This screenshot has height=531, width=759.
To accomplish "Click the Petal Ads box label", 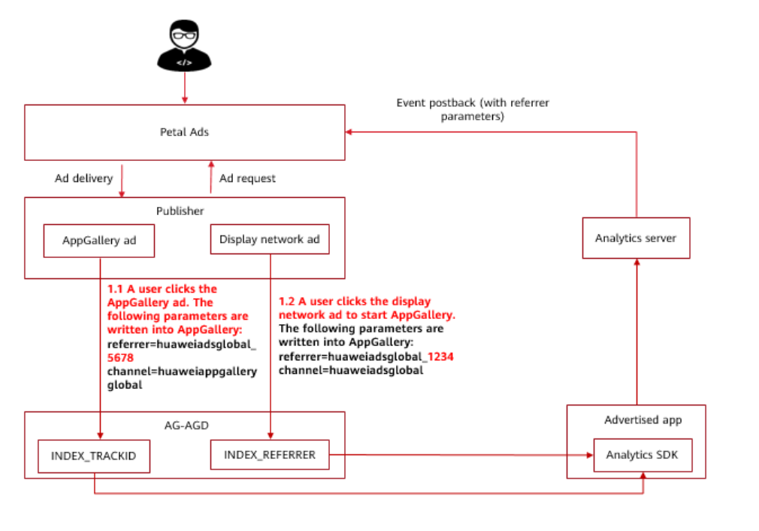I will pyautogui.click(x=184, y=132).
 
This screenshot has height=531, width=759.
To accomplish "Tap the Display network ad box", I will pyautogui.click(x=270, y=240).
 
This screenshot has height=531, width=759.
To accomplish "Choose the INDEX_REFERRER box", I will pyautogui.click(x=270, y=454).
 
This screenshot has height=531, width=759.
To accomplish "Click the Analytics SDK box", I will pyautogui.click(x=643, y=456).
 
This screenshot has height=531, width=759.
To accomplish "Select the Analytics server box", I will pyautogui.click(x=636, y=238).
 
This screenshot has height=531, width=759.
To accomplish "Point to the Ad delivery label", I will pyautogui.click(x=83, y=179).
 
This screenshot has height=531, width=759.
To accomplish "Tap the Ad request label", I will pyautogui.click(x=247, y=179).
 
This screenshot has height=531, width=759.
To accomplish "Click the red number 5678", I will pyautogui.click(x=120, y=359).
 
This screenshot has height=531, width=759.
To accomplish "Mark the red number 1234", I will pyautogui.click(x=440, y=357).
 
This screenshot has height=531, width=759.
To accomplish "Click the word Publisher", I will pyautogui.click(x=180, y=211).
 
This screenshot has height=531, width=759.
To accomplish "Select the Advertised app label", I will pyautogui.click(x=643, y=420).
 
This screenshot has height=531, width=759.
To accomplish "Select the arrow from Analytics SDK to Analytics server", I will pyautogui.click(x=637, y=331).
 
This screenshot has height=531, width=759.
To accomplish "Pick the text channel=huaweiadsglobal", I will pyautogui.click(x=351, y=371).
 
